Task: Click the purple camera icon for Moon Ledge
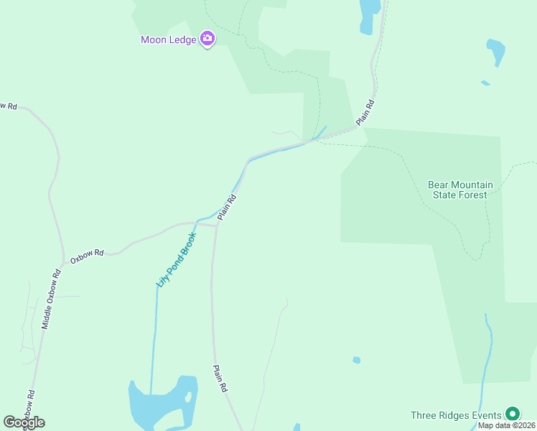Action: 207,39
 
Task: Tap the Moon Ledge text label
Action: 169,40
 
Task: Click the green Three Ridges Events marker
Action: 512,414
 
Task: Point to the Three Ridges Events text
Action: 456,415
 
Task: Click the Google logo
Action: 24,422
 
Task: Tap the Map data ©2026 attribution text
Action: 505,425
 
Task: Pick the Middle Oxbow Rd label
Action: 49,299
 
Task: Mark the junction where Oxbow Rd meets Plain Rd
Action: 216,225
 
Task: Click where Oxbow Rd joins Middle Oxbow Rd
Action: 62,264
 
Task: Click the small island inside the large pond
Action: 187,396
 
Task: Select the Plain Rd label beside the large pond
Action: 220,378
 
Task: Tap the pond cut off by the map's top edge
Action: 369,13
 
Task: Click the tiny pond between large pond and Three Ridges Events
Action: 356,360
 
